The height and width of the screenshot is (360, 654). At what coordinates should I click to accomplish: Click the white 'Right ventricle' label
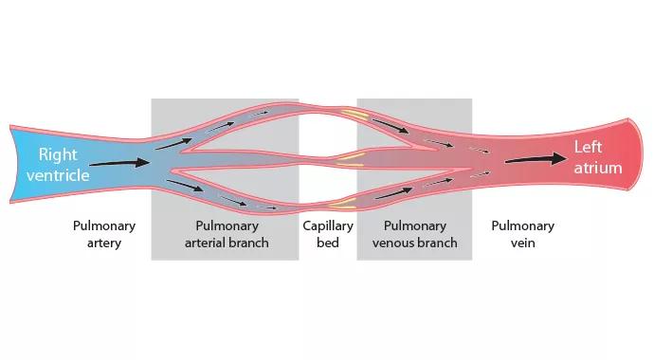pyautogui.click(x=58, y=165)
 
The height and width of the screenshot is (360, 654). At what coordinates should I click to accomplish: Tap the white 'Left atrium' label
pyautogui.click(x=598, y=157)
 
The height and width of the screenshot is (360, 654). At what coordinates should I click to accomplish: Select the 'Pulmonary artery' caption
pyautogui.click(x=104, y=234)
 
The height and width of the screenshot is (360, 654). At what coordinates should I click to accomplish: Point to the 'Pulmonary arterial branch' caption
pyautogui.click(x=227, y=234)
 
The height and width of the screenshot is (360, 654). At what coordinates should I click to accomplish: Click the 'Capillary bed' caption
pyautogui.click(x=328, y=234)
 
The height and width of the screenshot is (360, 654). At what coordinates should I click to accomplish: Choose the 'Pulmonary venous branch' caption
pyautogui.click(x=415, y=234)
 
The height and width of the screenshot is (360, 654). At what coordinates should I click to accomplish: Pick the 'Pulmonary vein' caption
pyautogui.click(x=522, y=234)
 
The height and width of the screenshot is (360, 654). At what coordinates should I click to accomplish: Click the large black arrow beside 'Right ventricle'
pyautogui.click(x=119, y=163)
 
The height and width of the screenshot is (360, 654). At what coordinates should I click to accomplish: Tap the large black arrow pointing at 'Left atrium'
pyautogui.click(x=536, y=159)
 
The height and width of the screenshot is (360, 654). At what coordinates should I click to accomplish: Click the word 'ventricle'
pyautogui.click(x=58, y=175)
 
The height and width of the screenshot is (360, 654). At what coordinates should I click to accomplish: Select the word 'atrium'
pyautogui.click(x=598, y=168)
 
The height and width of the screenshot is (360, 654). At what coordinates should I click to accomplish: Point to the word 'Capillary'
pyautogui.click(x=328, y=226)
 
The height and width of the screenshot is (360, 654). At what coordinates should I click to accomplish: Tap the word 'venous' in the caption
pyautogui.click(x=389, y=243)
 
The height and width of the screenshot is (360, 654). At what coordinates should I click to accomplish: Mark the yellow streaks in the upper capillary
pyautogui.click(x=355, y=114)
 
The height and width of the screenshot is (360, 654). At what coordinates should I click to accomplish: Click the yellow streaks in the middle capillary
pyautogui.click(x=350, y=161)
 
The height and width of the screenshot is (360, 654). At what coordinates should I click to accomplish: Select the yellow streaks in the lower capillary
pyautogui.click(x=342, y=205)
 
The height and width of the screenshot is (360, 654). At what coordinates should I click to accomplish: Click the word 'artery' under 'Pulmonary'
pyautogui.click(x=104, y=243)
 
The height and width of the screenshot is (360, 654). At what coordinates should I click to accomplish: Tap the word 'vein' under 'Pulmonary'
pyautogui.click(x=522, y=243)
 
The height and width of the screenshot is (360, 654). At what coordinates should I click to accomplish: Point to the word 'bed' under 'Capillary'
pyautogui.click(x=328, y=243)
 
